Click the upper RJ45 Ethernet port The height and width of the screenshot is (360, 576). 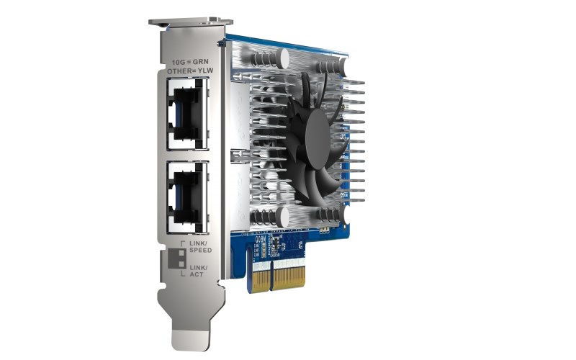point(186,111)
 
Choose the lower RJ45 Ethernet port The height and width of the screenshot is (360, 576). point(186,191)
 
